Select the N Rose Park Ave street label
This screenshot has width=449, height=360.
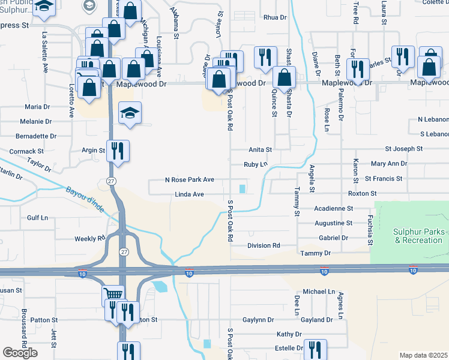[x=190, y=179]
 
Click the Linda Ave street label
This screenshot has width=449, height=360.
[x=190, y=194]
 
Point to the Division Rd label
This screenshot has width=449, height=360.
[x=264, y=245]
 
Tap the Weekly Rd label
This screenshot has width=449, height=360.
[x=89, y=238]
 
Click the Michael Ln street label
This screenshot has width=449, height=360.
[x=318, y=292]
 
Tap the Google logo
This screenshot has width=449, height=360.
[x=20, y=353]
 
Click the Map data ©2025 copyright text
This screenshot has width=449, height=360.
[x=423, y=355]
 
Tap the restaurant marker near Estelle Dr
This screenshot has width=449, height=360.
[x=315, y=349]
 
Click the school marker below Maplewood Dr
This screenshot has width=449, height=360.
[x=130, y=113]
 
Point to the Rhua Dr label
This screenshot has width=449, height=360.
[x=275, y=17]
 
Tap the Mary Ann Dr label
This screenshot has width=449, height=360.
[x=389, y=163]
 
